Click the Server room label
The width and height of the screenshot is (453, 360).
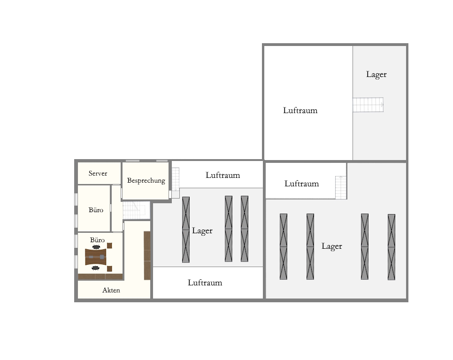coord(98,173)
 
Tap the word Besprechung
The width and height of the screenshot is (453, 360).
coord(146,181)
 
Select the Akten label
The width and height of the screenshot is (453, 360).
coord(111,290)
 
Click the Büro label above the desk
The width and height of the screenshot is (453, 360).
coord(97,240)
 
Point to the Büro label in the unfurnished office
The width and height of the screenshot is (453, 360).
coord(96,210)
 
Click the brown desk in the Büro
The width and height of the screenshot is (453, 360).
coord(96,257)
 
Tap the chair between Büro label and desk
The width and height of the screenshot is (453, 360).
coord(96,247)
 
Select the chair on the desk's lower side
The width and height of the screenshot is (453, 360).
coord(95,268)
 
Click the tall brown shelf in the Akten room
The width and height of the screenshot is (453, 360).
coord(147,255)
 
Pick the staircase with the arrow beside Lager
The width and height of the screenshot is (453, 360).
coord(368,105)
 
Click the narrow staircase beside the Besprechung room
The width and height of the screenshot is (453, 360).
coord(176,179)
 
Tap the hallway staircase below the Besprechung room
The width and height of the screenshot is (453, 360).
coord(136,210)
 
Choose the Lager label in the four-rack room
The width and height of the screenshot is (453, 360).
coord(332,246)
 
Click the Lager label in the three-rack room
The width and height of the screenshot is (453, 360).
coord(202,230)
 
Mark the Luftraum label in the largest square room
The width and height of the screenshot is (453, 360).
coord(300,110)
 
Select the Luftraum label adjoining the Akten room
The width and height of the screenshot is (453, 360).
coord(205,283)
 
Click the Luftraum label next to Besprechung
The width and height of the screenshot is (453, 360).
coord(223,175)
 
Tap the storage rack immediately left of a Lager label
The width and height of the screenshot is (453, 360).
coord(186,230)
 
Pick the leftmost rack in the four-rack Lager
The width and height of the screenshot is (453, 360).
coord(284,246)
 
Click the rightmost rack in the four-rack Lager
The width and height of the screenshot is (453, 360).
coord(392,247)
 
